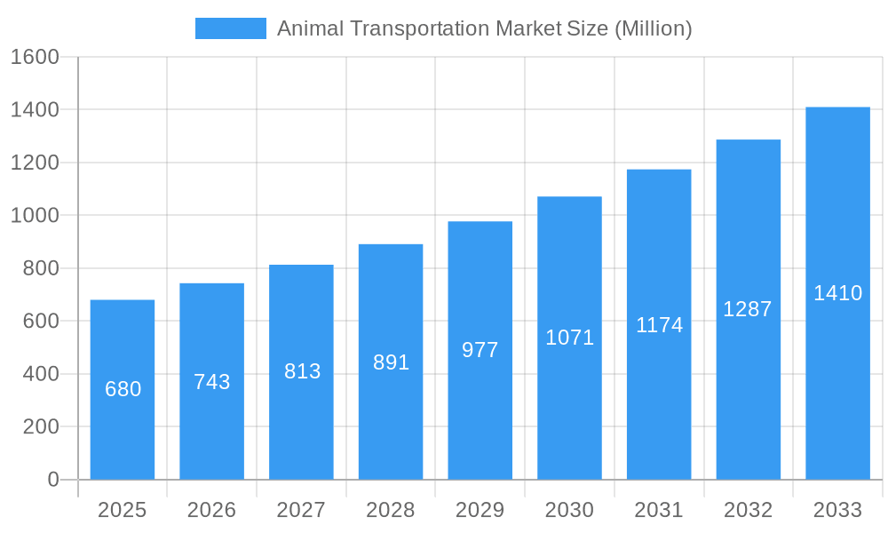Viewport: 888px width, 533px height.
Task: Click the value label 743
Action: point(212,382)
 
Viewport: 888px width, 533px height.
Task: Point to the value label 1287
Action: point(748,309)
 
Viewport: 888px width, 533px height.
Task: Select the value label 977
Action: point(480,350)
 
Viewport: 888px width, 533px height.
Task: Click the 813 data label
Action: point(302,371)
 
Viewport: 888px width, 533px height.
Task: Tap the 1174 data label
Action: point(659,325)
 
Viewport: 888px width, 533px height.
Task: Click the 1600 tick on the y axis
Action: point(35,57)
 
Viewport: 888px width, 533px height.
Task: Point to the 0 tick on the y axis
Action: point(53,480)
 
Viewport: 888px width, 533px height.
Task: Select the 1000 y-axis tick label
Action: point(35,216)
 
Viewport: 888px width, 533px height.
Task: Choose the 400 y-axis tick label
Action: point(41,374)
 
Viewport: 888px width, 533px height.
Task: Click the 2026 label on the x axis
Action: point(212,510)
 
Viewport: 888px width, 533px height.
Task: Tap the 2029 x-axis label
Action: point(480,510)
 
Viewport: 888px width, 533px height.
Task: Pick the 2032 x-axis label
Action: point(748,510)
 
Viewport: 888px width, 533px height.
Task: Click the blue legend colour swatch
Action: point(231,28)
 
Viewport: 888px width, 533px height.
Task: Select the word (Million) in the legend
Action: point(653,28)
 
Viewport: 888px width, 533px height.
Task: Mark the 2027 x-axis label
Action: point(302,510)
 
